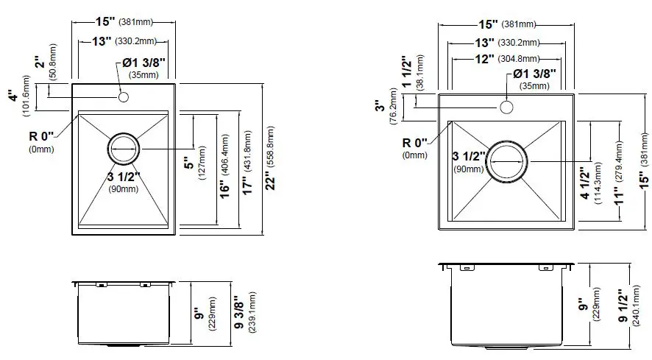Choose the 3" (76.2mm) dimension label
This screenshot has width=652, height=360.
point(381,109)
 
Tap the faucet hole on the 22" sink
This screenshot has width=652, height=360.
point(123,97)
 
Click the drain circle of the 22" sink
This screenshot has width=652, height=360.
point(123,149)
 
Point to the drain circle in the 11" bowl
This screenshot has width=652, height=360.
point(506,160)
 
